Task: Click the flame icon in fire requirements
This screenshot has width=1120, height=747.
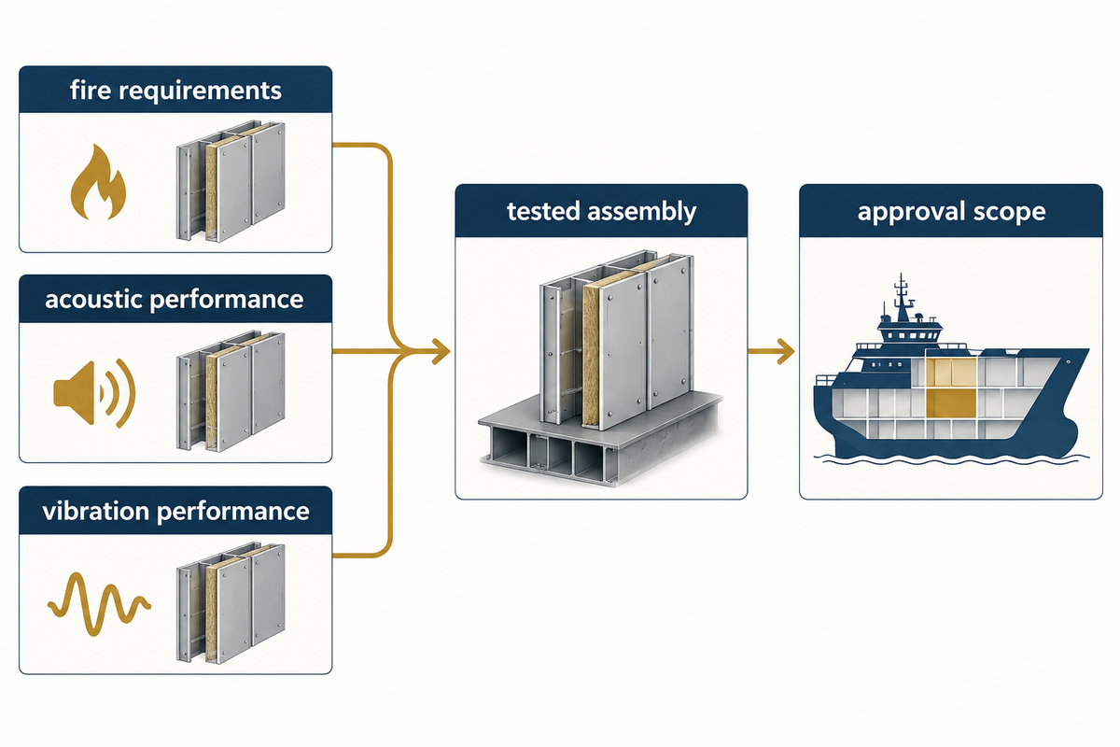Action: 98,183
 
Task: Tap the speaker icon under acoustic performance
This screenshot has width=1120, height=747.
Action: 94,393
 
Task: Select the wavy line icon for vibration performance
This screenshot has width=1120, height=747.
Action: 99,604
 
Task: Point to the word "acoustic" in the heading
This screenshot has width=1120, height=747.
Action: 94,299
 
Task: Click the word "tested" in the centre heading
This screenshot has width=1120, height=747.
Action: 544,211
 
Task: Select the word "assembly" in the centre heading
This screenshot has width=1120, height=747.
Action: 642,212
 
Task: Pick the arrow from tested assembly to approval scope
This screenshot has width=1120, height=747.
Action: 771,351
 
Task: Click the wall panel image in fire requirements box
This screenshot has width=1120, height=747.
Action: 231,181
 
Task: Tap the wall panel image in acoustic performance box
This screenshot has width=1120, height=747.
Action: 231,391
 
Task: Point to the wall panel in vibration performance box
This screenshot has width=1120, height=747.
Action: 231,603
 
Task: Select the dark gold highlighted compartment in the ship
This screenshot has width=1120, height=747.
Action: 950,402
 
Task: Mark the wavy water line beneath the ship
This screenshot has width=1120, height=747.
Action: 951,458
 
